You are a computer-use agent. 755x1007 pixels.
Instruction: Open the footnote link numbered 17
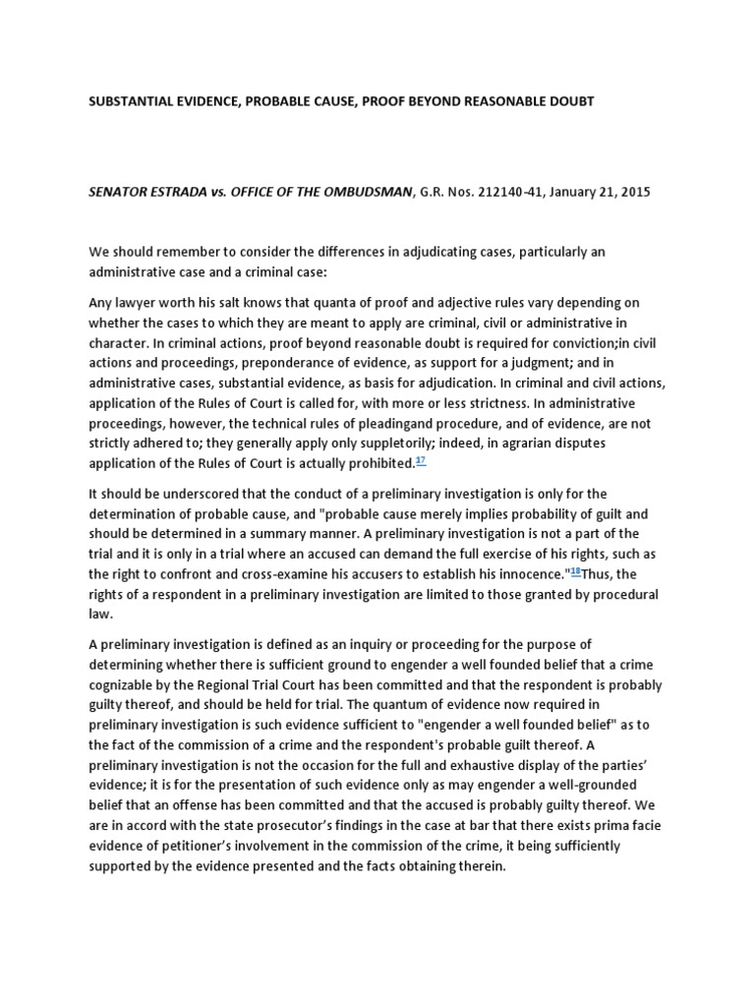pos(421,460)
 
